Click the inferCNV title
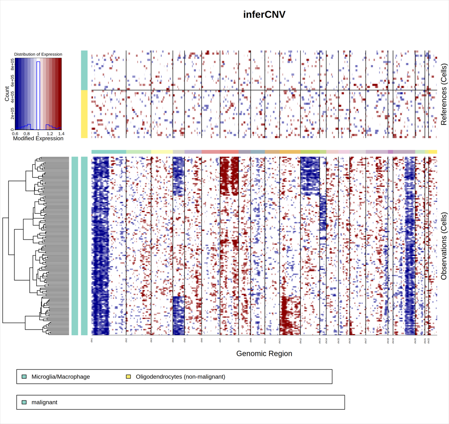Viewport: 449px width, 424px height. tap(264, 14)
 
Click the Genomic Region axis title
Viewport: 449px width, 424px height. tap(264, 353)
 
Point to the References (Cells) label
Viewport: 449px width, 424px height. tap(444, 94)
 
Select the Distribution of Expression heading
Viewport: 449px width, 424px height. tap(38, 54)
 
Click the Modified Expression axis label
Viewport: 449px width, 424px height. tap(38, 139)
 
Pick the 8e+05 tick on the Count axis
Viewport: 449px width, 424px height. tap(12, 65)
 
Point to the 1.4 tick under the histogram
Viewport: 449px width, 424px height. tap(60, 134)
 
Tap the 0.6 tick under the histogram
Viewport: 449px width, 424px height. tap(16, 134)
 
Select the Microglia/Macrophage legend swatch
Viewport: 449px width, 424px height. tap(24, 376)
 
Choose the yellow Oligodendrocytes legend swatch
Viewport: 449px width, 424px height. tap(129, 376)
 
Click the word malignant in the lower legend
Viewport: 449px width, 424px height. tap(44, 402)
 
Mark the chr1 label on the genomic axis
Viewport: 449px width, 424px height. tap(92, 340)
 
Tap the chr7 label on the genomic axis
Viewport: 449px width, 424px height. tap(220, 340)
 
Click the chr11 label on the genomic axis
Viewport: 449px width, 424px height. tap(279, 340)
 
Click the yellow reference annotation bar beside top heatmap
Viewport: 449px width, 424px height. tap(84, 114)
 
